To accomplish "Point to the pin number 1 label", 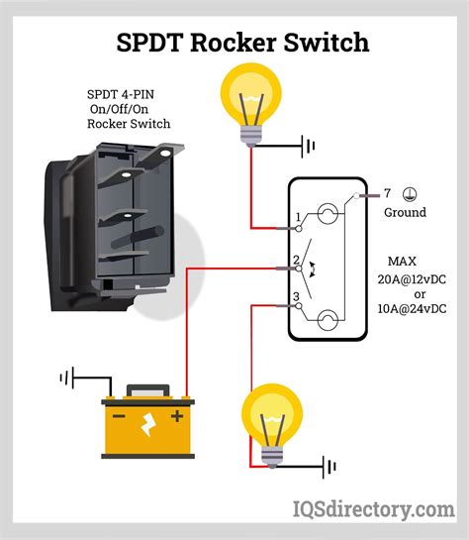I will (x=297, y=217).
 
